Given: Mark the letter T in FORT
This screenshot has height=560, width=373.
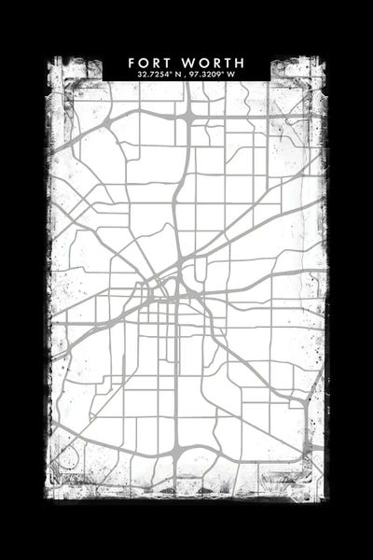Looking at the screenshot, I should pos(171,63).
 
